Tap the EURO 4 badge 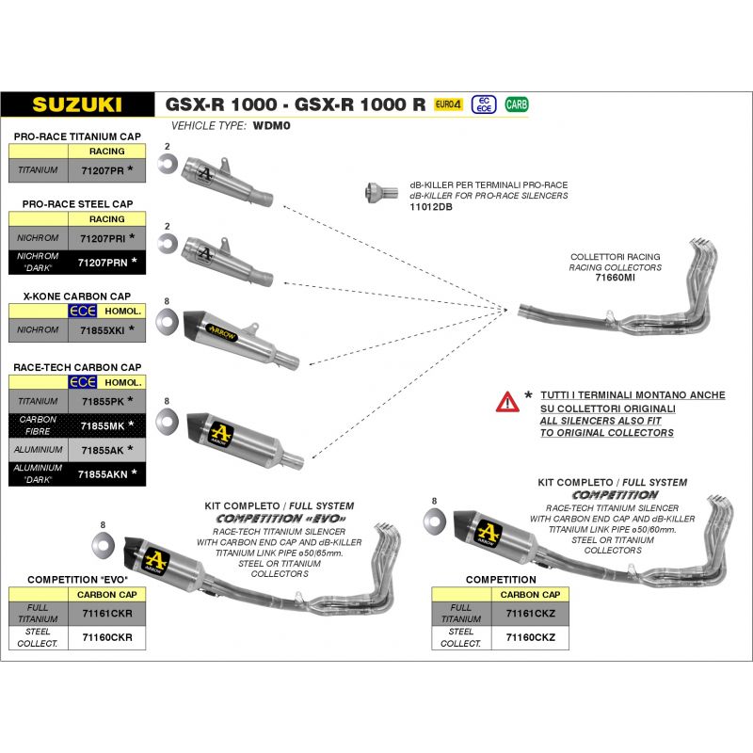pos(448,104)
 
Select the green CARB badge pos(517,104)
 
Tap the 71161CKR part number pos(107,615)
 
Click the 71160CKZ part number pos(531,637)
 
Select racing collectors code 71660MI pos(616,279)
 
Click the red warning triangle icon pos(507,402)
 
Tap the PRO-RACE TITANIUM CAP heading pos(77,136)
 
